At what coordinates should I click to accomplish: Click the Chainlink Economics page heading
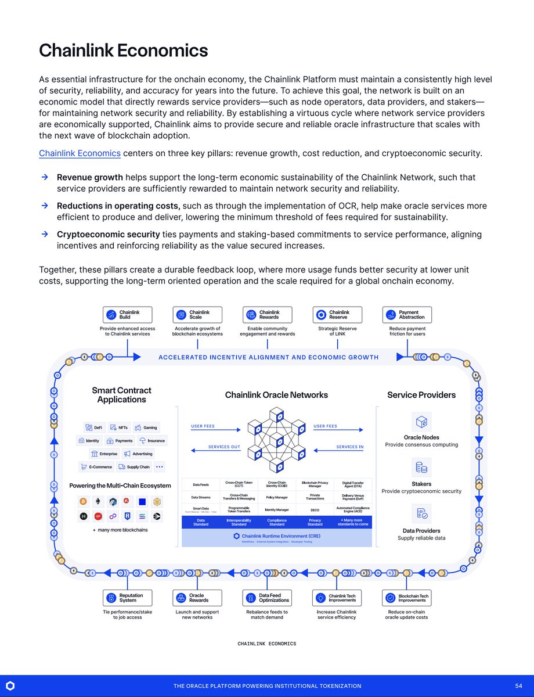[x=123, y=51]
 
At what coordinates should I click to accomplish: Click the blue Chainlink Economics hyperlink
[x=80, y=153]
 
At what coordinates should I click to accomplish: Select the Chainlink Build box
[x=128, y=315]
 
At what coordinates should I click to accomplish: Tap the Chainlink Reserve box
[x=337, y=315]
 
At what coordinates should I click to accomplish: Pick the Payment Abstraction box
[x=407, y=315]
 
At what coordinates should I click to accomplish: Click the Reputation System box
[x=128, y=598]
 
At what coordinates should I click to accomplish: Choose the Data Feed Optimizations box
[x=268, y=598]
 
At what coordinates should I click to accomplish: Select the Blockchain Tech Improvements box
[x=407, y=598]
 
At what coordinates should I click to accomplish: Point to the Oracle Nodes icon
[x=421, y=422]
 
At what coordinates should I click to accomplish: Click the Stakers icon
[x=421, y=468]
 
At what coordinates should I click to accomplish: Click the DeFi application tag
[x=94, y=427]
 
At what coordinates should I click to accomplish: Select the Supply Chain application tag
[x=134, y=467]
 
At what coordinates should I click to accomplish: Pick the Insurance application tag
[x=152, y=441]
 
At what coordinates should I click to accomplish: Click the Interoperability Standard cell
[x=239, y=523]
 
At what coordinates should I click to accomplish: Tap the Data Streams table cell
[x=201, y=497]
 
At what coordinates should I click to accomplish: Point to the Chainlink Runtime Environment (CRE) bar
[x=276, y=538]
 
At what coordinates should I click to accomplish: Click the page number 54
[x=518, y=686]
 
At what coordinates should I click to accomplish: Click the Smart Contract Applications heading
[x=122, y=395]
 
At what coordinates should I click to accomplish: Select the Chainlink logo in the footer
[x=10, y=686]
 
